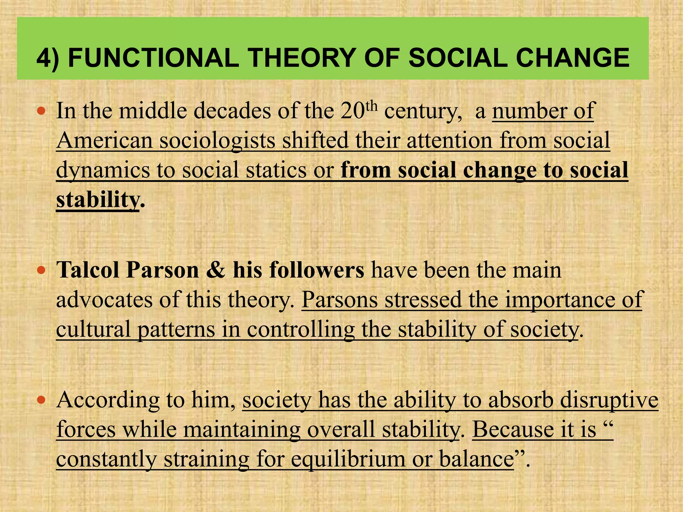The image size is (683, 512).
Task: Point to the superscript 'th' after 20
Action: [372, 106]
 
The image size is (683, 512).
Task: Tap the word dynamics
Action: [103, 170]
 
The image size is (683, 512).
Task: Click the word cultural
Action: [93, 329]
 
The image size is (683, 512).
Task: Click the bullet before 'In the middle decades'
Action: [41, 111]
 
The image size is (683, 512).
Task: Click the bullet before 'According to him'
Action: [41, 400]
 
